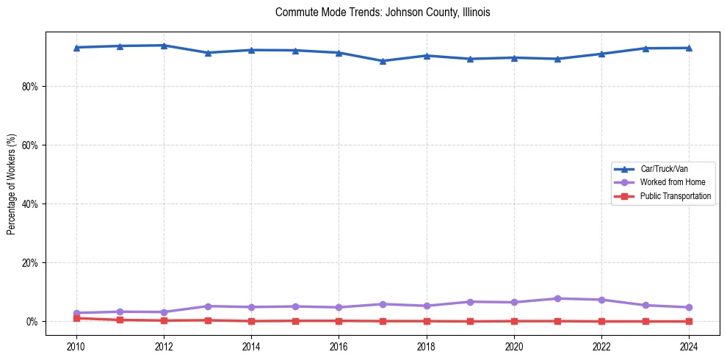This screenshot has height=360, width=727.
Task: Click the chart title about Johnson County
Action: coord(383,12)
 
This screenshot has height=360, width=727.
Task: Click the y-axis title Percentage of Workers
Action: coord(12,184)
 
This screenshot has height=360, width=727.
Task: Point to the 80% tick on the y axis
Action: coord(29,87)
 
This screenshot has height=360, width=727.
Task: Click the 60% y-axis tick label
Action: coord(29,145)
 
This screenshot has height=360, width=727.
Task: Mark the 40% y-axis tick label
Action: coord(29,204)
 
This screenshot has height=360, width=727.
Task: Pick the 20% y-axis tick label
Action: coord(29,263)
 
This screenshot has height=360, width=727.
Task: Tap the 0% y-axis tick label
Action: coord(32,322)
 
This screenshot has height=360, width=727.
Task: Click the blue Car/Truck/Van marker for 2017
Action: coord(383,61)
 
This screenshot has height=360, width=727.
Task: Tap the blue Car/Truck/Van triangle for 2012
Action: coord(164,46)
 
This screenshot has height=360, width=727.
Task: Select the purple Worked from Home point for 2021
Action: coord(557,298)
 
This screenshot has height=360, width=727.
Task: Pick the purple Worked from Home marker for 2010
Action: coord(76,313)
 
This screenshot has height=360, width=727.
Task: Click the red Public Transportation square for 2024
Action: coord(689,321)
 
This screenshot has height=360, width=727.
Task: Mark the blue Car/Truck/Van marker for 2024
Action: coord(689,48)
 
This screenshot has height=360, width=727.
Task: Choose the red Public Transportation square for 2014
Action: coord(251,321)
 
